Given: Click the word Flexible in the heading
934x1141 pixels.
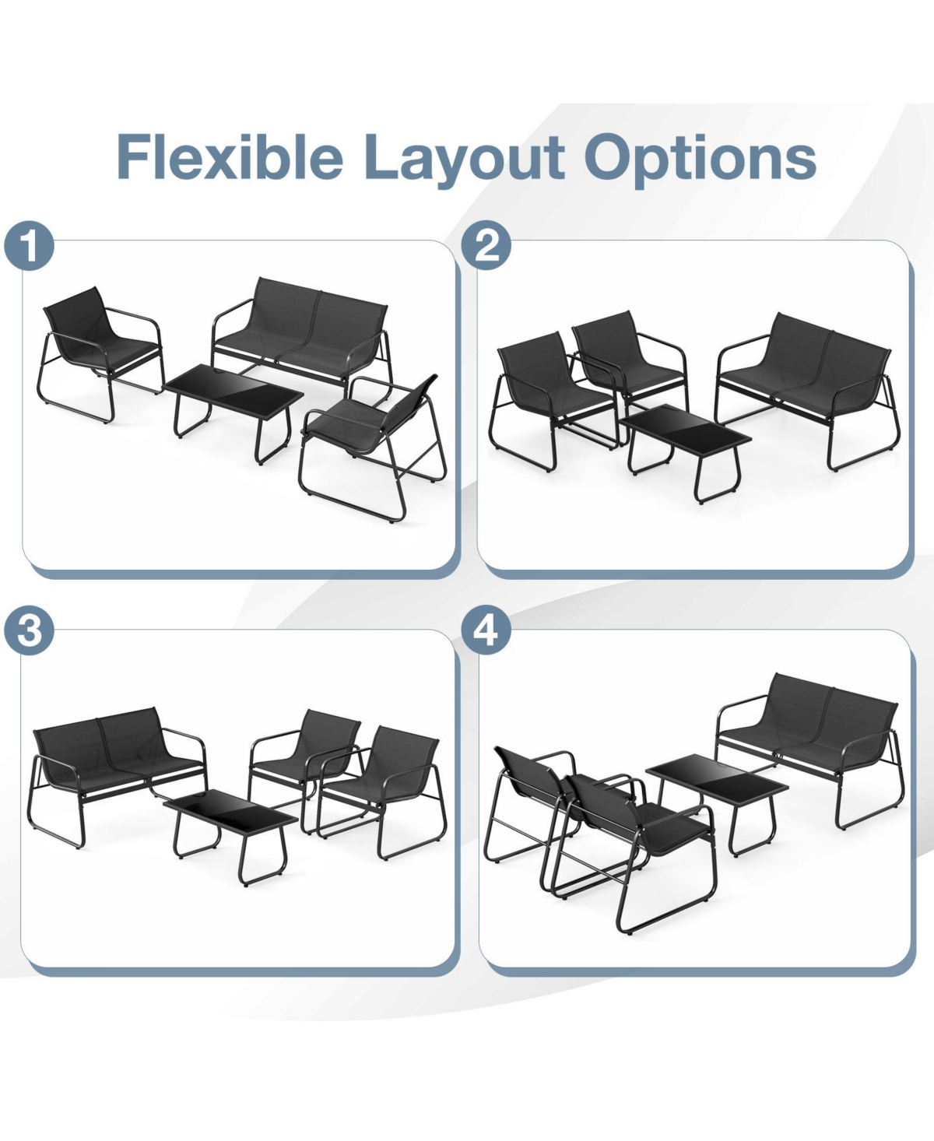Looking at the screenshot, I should click(x=230, y=157).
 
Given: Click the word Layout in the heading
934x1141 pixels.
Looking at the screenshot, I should click(x=464, y=157).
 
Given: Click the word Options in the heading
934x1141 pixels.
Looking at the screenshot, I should click(x=700, y=157).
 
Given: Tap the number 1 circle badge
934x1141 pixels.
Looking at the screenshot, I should click(x=29, y=248).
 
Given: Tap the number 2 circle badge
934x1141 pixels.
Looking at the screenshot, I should click(x=486, y=246).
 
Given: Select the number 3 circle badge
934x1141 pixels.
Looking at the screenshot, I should click(x=29, y=631).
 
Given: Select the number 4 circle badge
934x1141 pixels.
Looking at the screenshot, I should click(x=486, y=630).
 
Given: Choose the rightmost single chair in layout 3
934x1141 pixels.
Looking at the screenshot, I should click(x=389, y=778).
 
